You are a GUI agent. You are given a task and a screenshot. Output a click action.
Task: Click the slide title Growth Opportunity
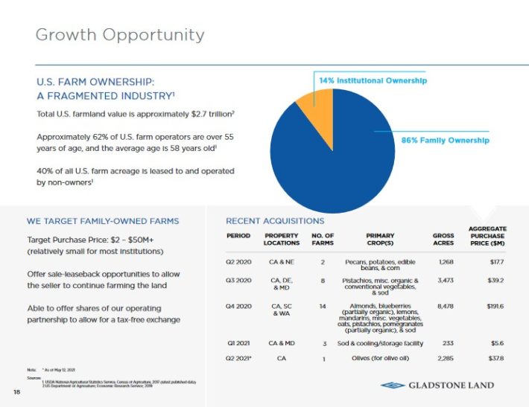coord(120,35)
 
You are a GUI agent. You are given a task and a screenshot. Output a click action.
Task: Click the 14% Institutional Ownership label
coord(373,80)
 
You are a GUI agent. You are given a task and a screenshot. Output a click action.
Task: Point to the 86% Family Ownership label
coord(446,140)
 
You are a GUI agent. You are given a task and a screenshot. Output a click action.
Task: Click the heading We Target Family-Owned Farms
coord(103,221)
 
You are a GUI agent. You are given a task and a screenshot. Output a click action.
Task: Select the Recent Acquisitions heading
coord(275,221)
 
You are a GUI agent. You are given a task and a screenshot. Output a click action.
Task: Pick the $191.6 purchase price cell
coord(493,306)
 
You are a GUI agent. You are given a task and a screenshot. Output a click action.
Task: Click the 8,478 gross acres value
coord(443,306)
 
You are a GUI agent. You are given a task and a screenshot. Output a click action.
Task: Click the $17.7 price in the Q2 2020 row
coord(496,262)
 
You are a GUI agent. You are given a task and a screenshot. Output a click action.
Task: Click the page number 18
coord(16,391)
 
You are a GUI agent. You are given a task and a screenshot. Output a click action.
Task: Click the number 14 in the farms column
coord(323,306)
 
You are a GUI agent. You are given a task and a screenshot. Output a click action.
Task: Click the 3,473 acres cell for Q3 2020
coord(443,281)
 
